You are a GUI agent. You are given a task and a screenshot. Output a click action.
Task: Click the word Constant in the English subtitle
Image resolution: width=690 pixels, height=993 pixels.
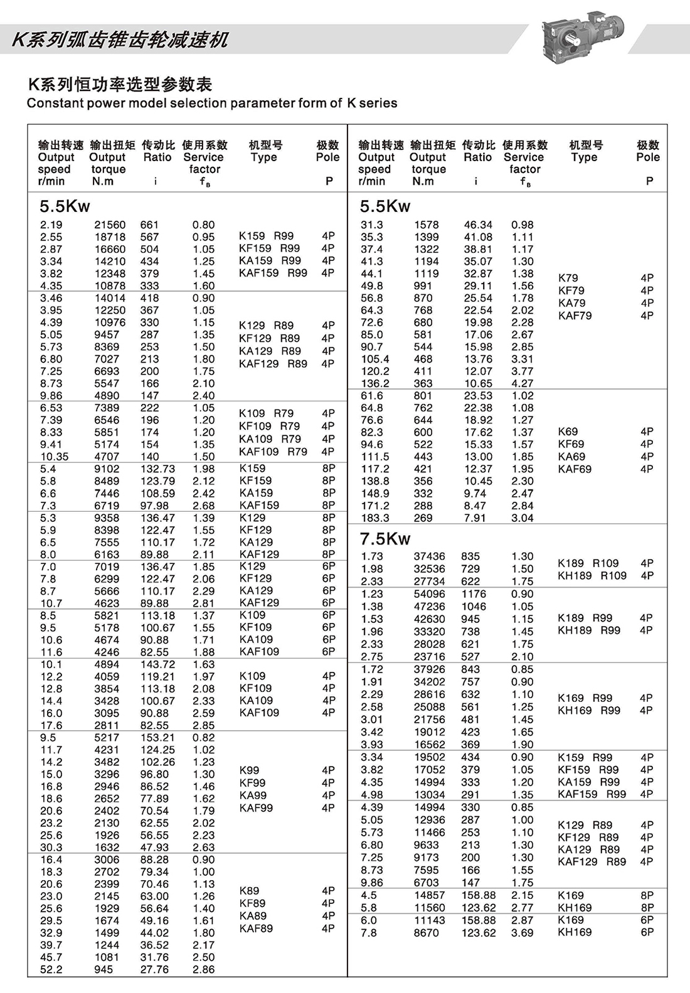[51, 104]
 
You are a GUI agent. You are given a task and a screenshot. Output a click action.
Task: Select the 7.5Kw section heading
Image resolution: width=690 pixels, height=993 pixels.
[385, 539]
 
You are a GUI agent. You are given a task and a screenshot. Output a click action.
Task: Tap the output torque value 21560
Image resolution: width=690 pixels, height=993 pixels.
[110, 225]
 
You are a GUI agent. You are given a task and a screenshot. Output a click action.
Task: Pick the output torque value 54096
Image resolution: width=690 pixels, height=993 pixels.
[430, 594]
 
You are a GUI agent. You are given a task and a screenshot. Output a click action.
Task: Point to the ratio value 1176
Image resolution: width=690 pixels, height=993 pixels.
[474, 594]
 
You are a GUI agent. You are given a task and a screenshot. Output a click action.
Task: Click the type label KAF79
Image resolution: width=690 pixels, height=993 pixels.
[575, 316]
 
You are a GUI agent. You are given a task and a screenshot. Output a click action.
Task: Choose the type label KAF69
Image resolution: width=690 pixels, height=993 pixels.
[575, 469]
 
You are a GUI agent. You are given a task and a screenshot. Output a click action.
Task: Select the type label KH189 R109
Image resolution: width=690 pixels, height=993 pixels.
[592, 576]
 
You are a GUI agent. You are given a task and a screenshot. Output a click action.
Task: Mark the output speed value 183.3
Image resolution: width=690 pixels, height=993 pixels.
[374, 518]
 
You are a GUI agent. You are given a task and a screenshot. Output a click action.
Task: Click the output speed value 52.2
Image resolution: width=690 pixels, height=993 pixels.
[51, 970]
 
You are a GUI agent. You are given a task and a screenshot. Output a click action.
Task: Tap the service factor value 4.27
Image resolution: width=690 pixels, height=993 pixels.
[522, 383]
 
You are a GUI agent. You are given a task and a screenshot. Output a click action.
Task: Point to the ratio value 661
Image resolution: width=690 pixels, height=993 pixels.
[149, 225]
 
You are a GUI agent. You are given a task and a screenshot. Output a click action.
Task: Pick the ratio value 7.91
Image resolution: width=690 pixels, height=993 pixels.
[475, 518]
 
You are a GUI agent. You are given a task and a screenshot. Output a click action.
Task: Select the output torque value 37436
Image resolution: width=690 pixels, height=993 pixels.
[430, 556]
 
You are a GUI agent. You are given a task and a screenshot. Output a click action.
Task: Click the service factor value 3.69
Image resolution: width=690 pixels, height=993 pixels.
[522, 933]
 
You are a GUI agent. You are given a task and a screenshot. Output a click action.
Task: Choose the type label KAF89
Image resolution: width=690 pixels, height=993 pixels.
[256, 928]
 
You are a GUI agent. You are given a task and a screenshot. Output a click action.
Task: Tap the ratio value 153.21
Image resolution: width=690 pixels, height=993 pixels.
[157, 738]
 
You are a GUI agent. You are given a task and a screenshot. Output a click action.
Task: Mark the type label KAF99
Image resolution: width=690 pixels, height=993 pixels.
[256, 808]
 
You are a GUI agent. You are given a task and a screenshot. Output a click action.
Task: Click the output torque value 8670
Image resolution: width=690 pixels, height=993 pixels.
[427, 933]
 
